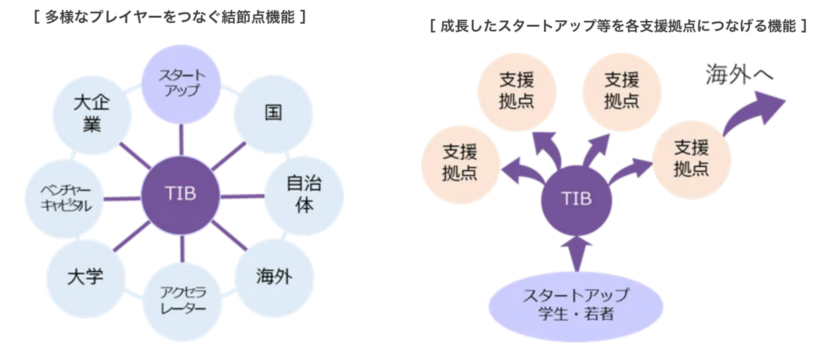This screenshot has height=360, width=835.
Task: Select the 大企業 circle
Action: click(x=92, y=115)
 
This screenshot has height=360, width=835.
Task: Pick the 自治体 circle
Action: click(x=304, y=195)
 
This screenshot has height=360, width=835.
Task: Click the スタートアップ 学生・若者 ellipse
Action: click(x=576, y=306)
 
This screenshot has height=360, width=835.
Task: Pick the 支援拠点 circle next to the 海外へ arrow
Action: click(x=691, y=159)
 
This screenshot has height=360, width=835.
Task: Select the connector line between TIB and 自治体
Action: click(x=242, y=196)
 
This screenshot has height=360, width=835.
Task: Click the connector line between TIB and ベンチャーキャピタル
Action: click(x=122, y=198)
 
